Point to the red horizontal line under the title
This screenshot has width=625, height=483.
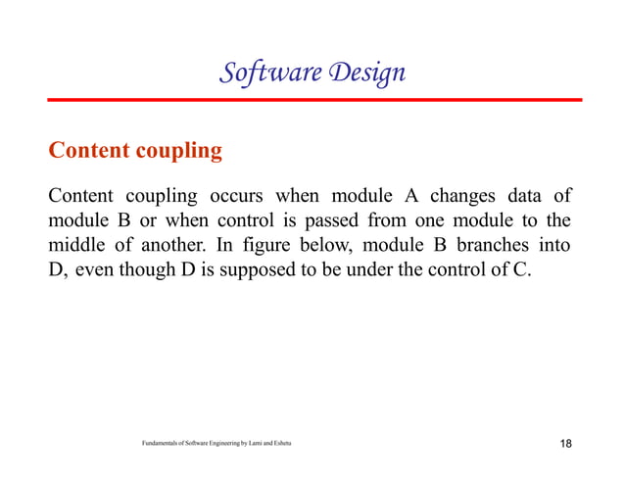[312, 100]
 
